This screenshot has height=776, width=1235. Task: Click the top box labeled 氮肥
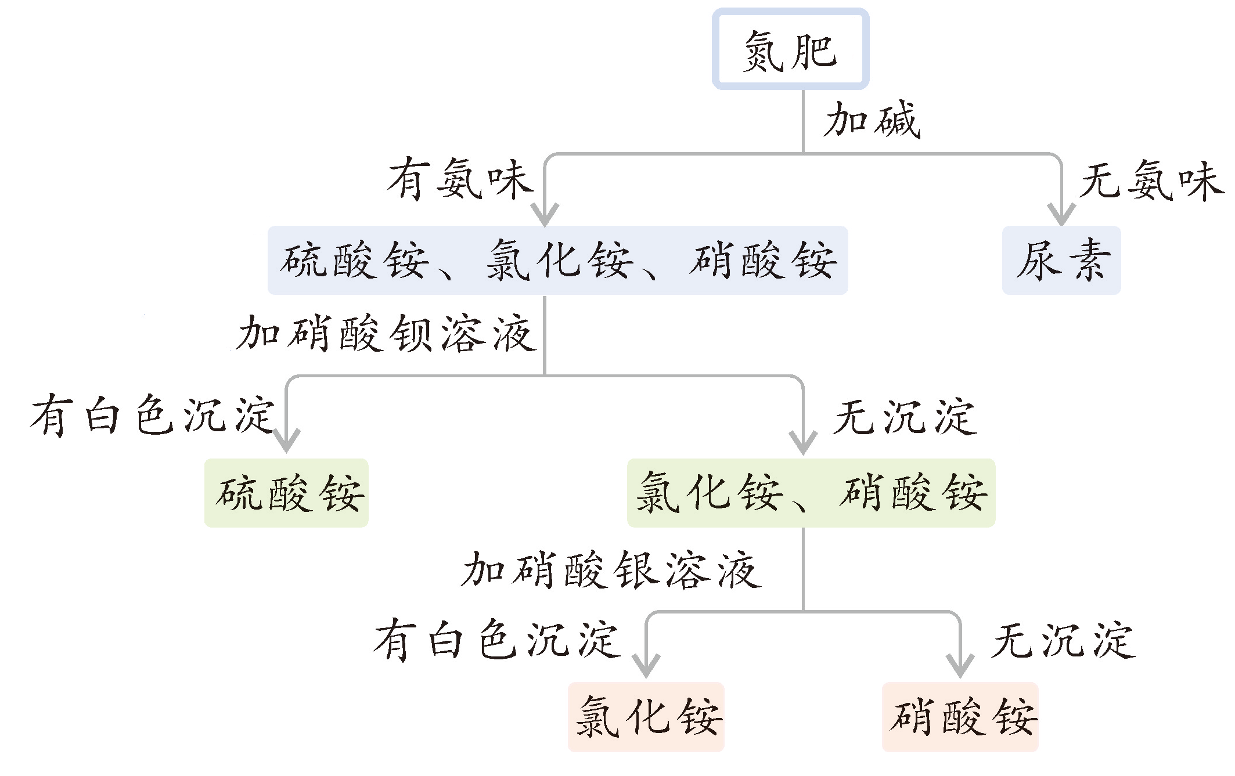[x=790, y=50]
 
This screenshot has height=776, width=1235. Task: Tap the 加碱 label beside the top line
[x=872, y=120]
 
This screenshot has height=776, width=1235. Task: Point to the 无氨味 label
[x=1151, y=181]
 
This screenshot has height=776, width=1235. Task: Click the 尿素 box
[x=1061, y=260]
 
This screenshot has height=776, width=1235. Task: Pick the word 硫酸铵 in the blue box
[x=354, y=261]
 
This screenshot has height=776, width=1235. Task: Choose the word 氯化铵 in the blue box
[x=558, y=261]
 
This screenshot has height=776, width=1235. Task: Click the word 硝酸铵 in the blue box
[x=763, y=261]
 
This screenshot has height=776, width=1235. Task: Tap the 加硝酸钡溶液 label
[x=386, y=333]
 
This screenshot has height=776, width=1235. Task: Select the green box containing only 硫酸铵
[x=286, y=493]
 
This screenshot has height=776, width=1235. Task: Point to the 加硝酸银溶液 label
[x=611, y=569]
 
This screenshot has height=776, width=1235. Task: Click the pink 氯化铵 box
[x=646, y=717]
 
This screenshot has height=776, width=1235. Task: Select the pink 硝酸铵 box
[x=960, y=717]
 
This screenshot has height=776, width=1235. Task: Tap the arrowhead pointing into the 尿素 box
[x=1061, y=215]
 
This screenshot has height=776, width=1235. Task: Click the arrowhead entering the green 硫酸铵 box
[x=286, y=442]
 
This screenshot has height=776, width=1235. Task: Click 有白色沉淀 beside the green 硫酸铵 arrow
[x=152, y=415]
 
